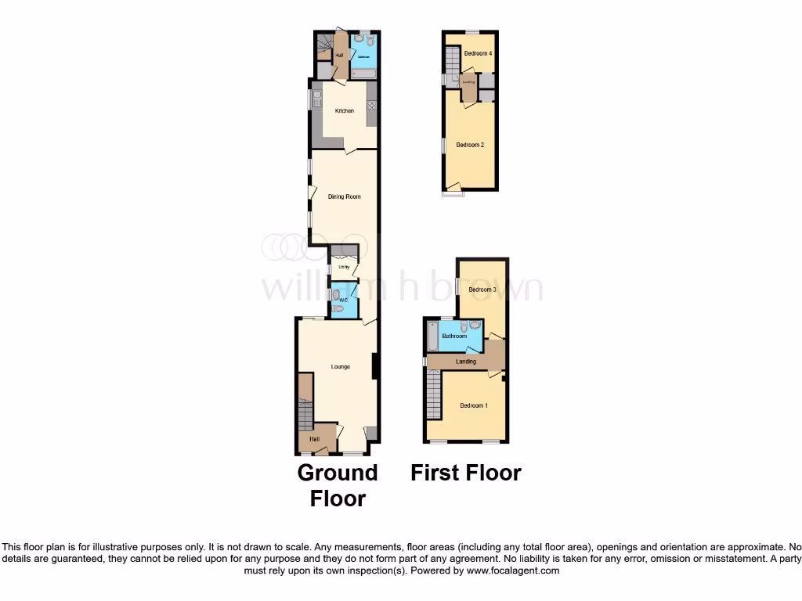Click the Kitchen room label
pyautogui.click(x=345, y=111)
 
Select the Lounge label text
pyautogui.click(x=340, y=366)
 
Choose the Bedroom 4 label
pyautogui.click(x=477, y=54)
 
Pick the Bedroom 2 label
pyautogui.click(x=470, y=145)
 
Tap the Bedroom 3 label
pyautogui.click(x=482, y=290)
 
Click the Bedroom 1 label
pyautogui.click(x=473, y=405)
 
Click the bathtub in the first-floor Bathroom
pyautogui.click(x=432, y=337)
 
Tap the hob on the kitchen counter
pyautogui.click(x=371, y=106)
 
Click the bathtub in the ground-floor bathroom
pyautogui.click(x=364, y=74)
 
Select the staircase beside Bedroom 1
pyautogui.click(x=435, y=395)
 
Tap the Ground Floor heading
pyautogui.click(x=338, y=485)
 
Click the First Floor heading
pyautogui.click(x=466, y=473)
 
